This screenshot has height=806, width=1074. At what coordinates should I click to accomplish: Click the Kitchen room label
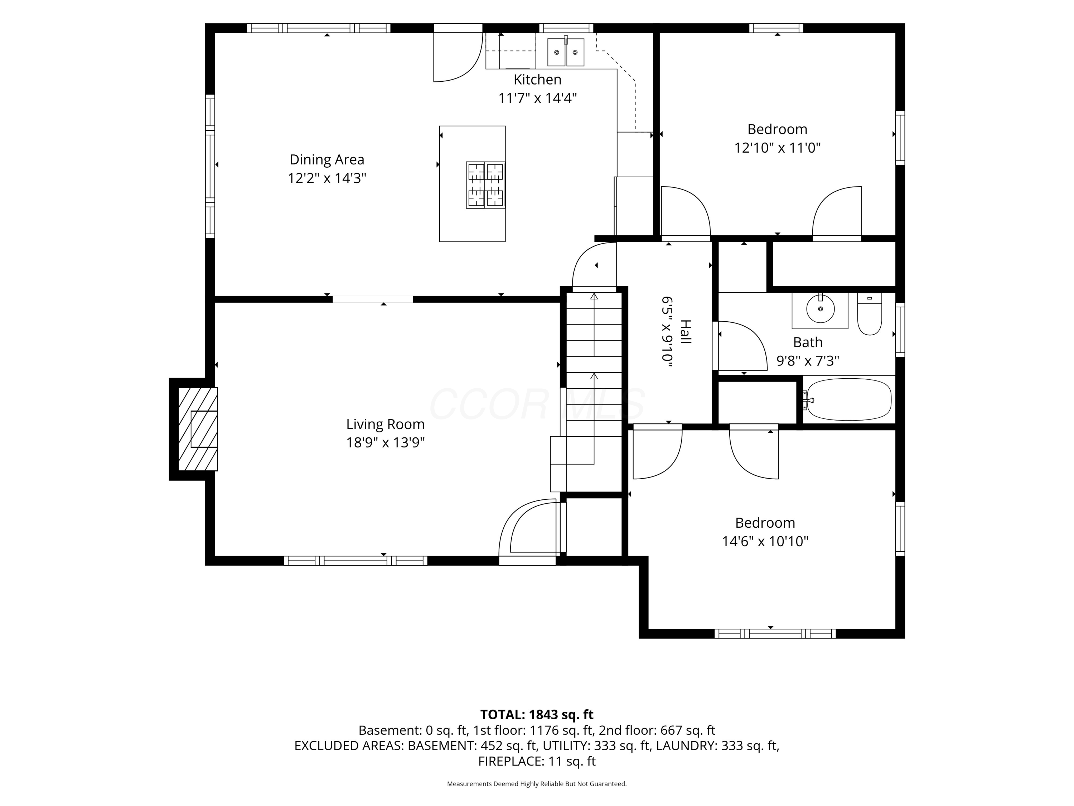coord(537,79)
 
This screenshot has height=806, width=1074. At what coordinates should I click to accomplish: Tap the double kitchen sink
coord(566,52)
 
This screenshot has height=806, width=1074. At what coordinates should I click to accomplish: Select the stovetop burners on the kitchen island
coord(485,185)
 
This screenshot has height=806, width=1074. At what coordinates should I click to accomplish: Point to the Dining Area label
coord(327,159)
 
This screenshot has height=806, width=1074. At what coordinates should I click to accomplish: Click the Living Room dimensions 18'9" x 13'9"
coord(386,443)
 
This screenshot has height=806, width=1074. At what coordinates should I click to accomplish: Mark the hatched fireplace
coord(198,429)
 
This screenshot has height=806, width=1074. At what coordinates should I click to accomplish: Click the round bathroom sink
coord(821,308)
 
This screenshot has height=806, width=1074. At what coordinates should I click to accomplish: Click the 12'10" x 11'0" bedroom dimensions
coord(777,148)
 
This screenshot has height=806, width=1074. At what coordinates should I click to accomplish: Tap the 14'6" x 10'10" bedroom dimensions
coord(765,541)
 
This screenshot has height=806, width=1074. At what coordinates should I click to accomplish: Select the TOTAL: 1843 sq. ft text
coord(537,715)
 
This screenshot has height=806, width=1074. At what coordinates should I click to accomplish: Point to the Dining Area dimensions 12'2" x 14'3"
coord(327,178)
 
